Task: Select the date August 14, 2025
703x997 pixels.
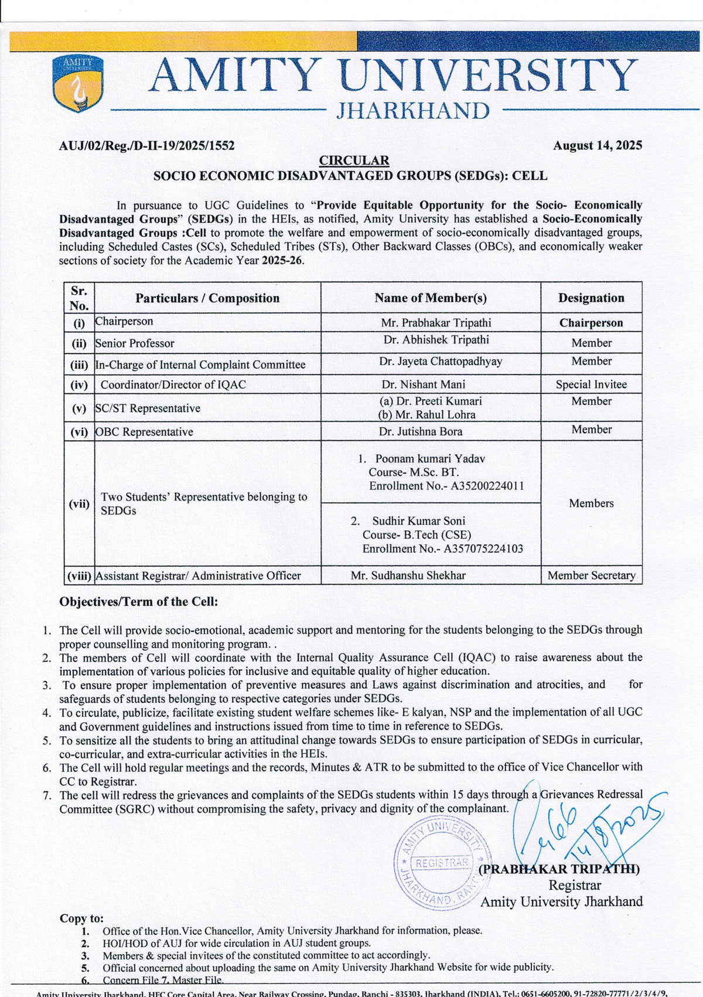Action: [597, 145]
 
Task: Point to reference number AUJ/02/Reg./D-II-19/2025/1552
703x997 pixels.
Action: [147, 146]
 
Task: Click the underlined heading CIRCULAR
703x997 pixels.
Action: [353, 161]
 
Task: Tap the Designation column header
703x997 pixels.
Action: [591, 298]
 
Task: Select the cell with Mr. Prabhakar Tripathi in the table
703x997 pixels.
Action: [436, 322]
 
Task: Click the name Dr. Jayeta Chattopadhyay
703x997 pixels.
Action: [440, 362]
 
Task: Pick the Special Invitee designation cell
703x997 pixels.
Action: [591, 384]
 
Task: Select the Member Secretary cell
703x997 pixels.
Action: [591, 576]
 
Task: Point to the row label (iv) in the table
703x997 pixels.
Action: [79, 384]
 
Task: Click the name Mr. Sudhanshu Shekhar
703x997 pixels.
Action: [408, 576]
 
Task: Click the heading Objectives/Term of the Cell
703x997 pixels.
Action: [139, 602]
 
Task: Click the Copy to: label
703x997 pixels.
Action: [81, 918]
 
